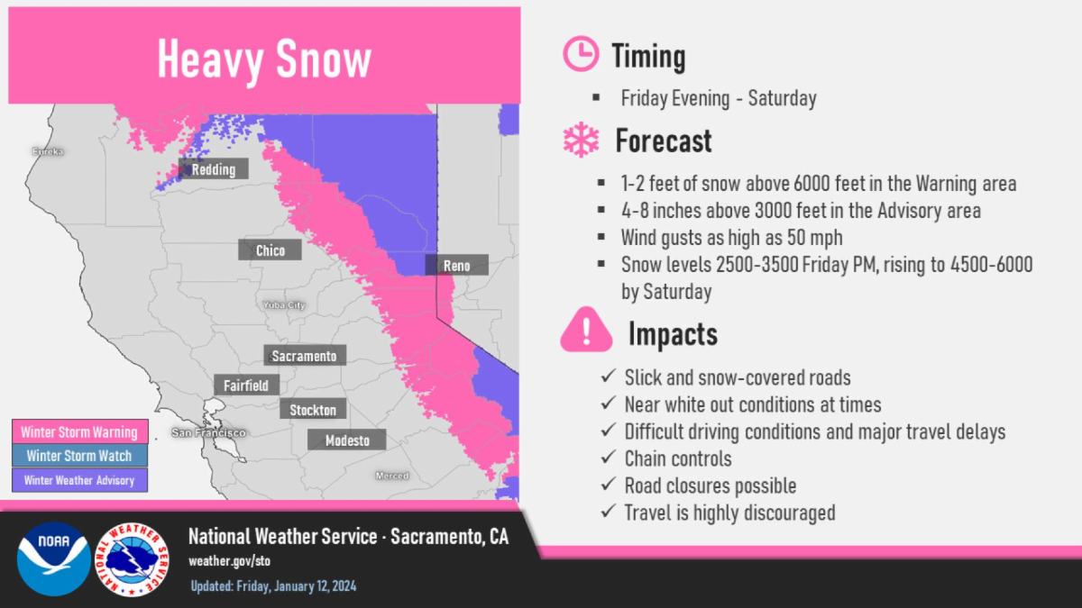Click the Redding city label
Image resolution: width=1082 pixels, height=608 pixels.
click(214, 169)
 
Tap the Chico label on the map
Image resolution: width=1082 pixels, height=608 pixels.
click(270, 250)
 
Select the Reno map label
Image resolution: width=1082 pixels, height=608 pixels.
click(456, 265)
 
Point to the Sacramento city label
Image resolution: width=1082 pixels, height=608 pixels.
click(305, 355)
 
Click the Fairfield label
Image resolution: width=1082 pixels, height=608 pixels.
click(246, 386)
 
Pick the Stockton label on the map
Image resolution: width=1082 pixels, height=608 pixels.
click(313, 409)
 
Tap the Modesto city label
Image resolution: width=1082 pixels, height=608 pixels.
click(347, 440)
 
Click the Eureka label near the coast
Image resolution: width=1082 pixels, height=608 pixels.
click(48, 151)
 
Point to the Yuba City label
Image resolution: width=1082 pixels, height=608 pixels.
click(284, 305)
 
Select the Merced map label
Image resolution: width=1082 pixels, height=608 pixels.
click(392, 476)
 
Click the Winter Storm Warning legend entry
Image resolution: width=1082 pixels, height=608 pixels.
click(79, 431)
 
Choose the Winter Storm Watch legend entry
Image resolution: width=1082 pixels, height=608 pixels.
click(79, 456)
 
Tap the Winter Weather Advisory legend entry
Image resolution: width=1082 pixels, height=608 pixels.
click(79, 480)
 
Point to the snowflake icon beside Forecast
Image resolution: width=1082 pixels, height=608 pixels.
click(581, 140)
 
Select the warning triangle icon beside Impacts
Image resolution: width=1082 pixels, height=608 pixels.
click(586, 330)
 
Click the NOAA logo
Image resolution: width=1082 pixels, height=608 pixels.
click(53, 558)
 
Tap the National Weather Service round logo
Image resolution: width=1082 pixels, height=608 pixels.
click(132, 559)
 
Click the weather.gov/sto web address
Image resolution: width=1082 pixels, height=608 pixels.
click(229, 561)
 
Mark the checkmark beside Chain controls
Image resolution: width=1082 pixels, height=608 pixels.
click(609, 457)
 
